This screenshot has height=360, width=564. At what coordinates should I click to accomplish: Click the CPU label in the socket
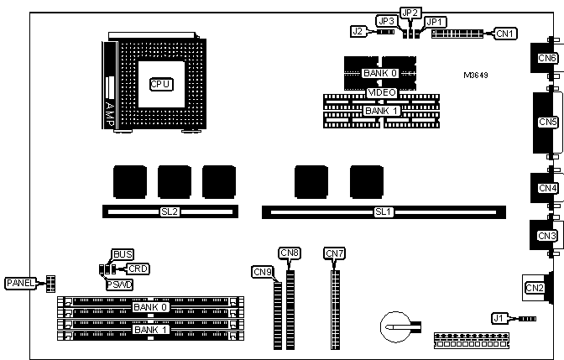(x=160, y=84)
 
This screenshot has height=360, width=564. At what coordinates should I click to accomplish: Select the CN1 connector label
(x=505, y=34)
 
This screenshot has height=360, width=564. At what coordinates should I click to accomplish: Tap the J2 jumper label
(x=358, y=32)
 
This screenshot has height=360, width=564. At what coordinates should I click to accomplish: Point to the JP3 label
(x=386, y=21)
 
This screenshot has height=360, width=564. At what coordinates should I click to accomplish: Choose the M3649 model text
(x=476, y=75)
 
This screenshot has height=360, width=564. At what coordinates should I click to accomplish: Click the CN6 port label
(x=547, y=58)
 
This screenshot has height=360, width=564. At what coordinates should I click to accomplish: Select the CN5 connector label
(x=547, y=123)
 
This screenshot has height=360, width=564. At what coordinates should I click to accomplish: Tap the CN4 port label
(x=547, y=188)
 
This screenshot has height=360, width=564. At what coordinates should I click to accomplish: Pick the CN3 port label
(x=547, y=236)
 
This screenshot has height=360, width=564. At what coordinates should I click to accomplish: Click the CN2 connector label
(x=535, y=289)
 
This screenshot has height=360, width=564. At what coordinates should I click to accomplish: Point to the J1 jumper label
(x=499, y=318)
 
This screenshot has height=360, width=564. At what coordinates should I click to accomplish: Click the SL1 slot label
(x=383, y=211)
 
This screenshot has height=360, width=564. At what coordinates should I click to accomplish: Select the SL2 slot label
(x=170, y=211)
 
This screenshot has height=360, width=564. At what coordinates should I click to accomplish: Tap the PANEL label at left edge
(x=21, y=283)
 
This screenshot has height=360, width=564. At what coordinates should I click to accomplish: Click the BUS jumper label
(x=123, y=253)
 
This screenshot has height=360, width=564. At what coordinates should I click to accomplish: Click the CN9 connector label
(x=261, y=271)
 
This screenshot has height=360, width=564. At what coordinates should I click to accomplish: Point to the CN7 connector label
(x=334, y=253)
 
